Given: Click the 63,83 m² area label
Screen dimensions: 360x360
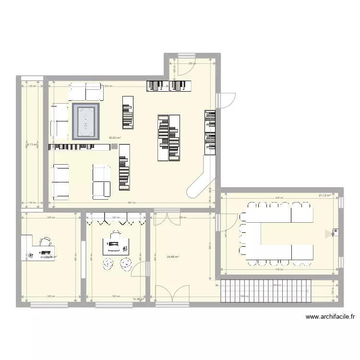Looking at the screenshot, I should coord(114,138).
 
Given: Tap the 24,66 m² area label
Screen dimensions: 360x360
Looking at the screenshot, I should coord(172,257).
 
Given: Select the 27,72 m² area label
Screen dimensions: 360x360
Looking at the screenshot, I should coord(324,195).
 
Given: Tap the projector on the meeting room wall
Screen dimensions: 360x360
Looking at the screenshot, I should coord(330,234).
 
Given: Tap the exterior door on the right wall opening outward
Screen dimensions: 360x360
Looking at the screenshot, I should coord(226,100).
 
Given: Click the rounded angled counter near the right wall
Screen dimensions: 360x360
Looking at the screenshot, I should coord(202,178).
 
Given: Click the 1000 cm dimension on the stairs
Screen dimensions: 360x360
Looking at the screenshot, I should coord(245,297).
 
